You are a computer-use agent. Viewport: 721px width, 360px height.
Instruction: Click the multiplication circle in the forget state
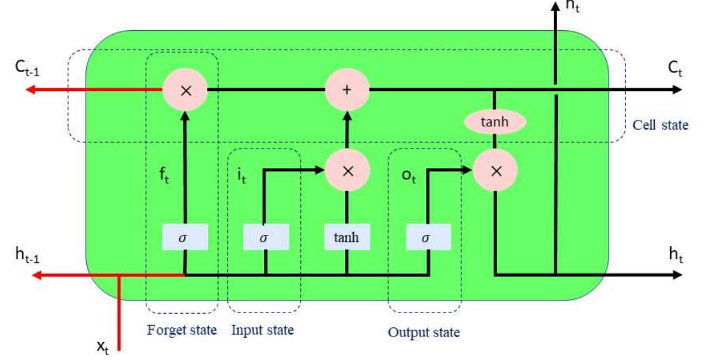(186, 90)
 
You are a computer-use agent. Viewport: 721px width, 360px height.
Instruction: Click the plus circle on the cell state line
(346, 90)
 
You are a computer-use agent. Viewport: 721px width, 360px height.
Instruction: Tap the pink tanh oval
(494, 122)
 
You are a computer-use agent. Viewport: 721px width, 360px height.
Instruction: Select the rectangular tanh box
(346, 237)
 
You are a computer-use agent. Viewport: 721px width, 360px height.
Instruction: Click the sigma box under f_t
(185, 237)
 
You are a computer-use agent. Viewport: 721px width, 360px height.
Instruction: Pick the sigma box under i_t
(266, 237)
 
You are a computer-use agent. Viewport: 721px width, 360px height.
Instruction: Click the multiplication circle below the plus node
(346, 171)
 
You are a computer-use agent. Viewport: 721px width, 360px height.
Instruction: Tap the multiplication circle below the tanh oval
(495, 171)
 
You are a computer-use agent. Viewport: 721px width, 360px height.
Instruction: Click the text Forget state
(182, 330)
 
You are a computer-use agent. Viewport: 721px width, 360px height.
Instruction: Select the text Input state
(262, 330)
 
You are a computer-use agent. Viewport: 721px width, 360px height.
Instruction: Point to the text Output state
(424, 332)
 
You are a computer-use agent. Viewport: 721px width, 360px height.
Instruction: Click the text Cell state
(660, 124)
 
